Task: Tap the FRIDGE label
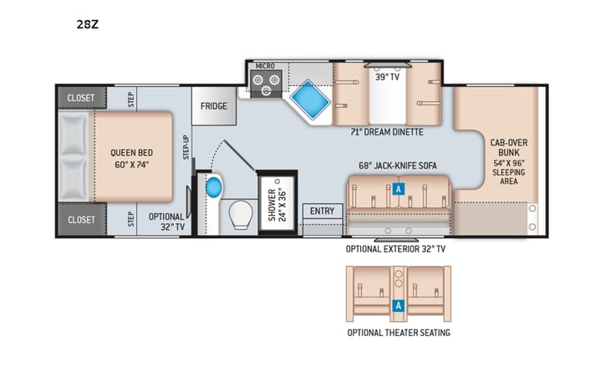pyautogui.click(x=213, y=106)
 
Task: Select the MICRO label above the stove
pyautogui.click(x=264, y=65)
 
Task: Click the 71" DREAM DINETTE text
pyautogui.click(x=386, y=132)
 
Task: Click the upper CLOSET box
pyautogui.click(x=81, y=97)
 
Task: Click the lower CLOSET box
pyautogui.click(x=81, y=220)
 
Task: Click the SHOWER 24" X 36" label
pyautogui.click(x=277, y=202)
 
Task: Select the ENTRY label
pyautogui.click(x=322, y=211)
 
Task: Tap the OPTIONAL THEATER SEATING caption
pyautogui.click(x=398, y=333)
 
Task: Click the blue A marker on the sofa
pyautogui.click(x=399, y=190)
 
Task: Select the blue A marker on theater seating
pyautogui.click(x=399, y=305)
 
